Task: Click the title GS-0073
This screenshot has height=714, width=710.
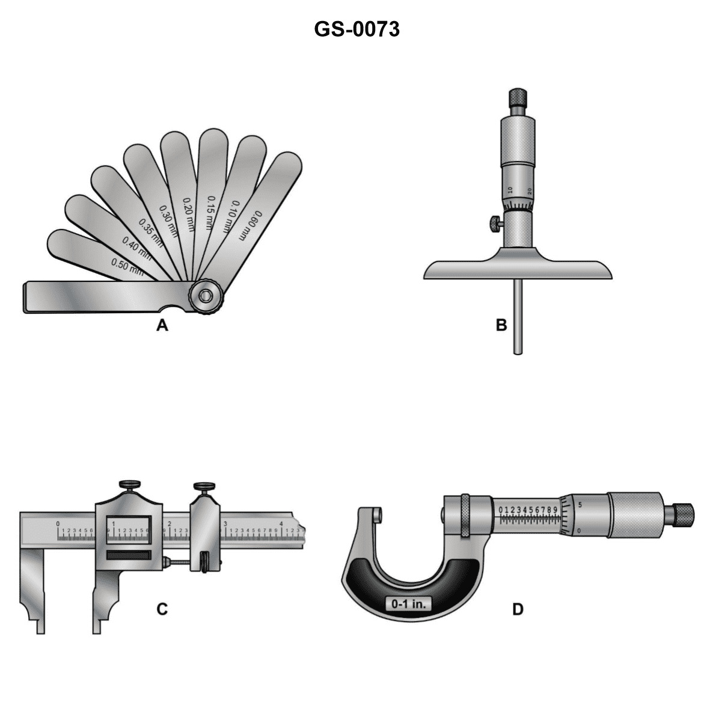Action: [357, 29]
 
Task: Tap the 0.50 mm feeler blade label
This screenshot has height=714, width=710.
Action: [127, 267]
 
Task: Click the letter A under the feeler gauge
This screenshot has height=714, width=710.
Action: [161, 326]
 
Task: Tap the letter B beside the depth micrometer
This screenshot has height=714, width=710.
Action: [501, 325]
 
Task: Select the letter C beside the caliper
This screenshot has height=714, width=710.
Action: [162, 609]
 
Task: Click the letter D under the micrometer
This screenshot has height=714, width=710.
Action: [518, 609]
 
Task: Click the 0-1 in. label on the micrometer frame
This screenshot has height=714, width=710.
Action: [408, 603]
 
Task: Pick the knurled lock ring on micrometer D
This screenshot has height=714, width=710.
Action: [465, 516]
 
